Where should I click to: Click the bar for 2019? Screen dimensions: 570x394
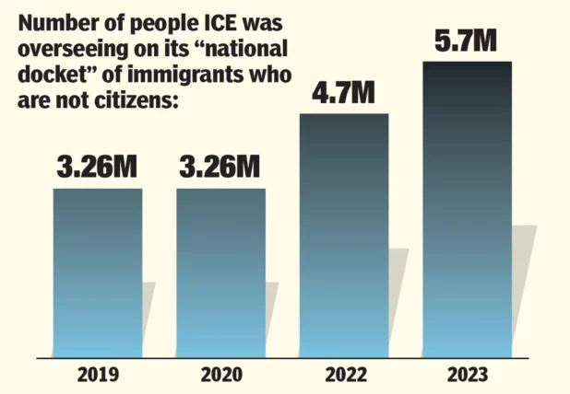point(98,273)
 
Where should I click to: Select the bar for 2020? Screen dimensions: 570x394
point(221,273)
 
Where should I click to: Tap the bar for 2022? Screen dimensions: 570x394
point(344,236)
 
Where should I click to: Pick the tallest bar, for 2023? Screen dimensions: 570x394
point(467,210)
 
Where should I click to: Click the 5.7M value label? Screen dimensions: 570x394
point(466,41)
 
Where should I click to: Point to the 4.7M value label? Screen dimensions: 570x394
point(343,93)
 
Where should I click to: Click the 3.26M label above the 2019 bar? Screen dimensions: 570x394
point(97,167)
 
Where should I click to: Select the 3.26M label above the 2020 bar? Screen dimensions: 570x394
point(220,167)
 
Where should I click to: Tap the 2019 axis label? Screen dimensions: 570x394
point(98,375)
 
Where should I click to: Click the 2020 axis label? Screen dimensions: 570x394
point(221,375)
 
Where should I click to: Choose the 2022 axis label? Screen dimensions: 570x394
point(346,375)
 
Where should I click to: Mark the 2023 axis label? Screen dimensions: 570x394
point(468,375)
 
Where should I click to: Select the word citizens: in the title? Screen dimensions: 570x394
point(137,98)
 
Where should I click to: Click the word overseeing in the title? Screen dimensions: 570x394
point(73,50)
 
